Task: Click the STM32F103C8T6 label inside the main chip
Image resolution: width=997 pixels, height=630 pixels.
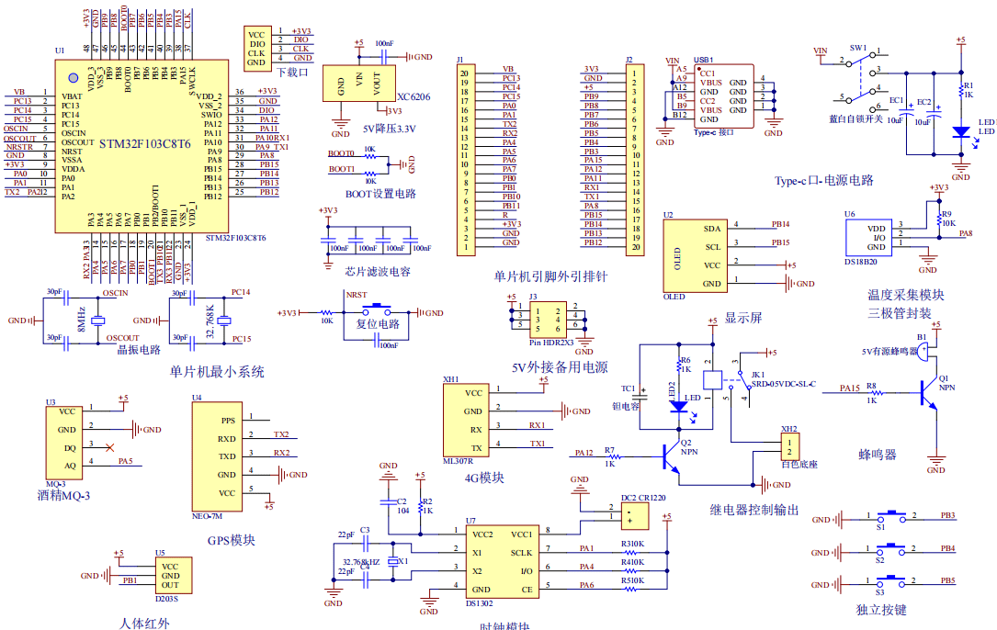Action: click(x=144, y=144)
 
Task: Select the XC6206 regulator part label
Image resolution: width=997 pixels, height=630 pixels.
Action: click(x=414, y=96)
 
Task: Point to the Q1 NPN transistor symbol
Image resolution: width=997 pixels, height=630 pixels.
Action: click(x=929, y=390)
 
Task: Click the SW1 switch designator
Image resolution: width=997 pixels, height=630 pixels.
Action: click(x=858, y=46)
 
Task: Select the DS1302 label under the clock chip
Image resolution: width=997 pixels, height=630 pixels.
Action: click(x=478, y=602)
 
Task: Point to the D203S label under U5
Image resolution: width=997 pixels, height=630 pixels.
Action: click(x=167, y=598)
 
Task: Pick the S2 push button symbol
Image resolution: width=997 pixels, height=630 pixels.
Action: click(x=889, y=550)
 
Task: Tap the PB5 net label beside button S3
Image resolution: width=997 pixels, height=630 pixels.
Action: click(x=947, y=580)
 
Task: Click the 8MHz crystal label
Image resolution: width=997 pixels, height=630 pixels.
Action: click(x=81, y=320)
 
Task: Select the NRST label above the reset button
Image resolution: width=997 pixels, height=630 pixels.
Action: click(x=357, y=295)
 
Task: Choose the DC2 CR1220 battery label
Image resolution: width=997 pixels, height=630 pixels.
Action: click(x=642, y=498)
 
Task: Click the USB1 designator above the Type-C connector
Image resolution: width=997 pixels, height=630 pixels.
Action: click(x=703, y=59)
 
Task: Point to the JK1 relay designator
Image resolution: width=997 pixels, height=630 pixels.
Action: click(x=757, y=375)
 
